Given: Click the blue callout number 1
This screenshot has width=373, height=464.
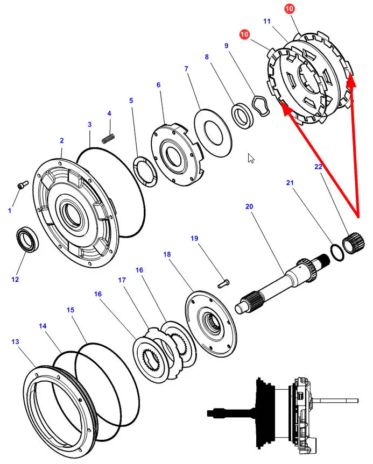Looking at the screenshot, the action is [x=10, y=211].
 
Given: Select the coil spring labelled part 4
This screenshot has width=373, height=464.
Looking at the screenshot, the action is [x=108, y=138].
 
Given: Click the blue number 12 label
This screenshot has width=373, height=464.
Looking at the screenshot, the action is [x=15, y=279].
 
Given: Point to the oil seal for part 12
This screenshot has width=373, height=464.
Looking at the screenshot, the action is [x=27, y=239].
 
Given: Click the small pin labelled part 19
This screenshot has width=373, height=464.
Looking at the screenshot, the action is [x=224, y=284].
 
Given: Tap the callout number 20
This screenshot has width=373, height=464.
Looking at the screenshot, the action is [x=249, y=206].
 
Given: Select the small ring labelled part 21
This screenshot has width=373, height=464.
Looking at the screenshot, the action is [x=337, y=253].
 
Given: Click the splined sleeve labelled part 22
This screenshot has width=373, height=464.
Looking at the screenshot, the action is [x=354, y=243].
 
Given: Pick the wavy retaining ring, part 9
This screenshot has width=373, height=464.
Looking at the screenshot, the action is [x=261, y=105].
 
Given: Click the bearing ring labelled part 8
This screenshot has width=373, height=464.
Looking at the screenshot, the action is [x=242, y=116].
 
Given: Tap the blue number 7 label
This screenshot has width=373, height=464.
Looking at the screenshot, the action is [x=186, y=69].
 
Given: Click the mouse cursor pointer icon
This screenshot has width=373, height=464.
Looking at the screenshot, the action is [x=251, y=158].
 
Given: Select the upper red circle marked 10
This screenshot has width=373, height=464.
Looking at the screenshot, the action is [x=289, y=9].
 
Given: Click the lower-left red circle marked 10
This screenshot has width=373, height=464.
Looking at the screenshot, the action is [x=244, y=34].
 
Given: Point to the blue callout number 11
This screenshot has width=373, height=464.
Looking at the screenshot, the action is [x=267, y=21].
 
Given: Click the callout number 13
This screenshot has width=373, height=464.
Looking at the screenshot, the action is [x=15, y=341].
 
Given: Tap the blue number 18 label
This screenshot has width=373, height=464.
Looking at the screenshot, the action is [x=167, y=254].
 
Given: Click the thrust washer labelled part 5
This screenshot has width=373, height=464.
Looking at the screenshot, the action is [x=145, y=172].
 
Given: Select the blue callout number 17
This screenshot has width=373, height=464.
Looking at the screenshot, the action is [x=122, y=280].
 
